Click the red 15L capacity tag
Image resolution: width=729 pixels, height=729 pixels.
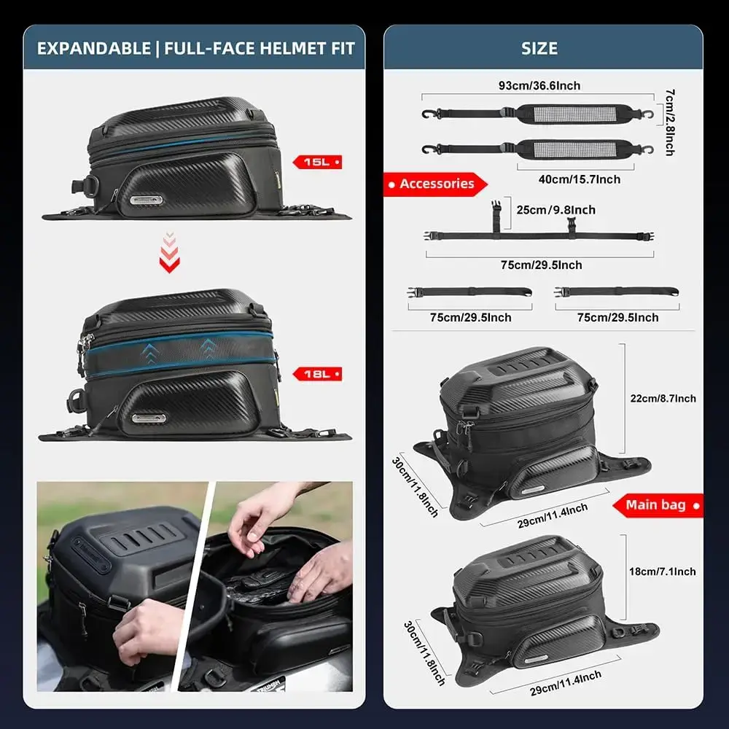point(318,162)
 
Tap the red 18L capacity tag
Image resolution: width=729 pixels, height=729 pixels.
point(318,374)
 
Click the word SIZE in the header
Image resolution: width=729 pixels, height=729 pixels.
point(539,48)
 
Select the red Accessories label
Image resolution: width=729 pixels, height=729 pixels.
point(436,184)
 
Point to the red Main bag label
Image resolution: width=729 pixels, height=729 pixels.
point(658,505)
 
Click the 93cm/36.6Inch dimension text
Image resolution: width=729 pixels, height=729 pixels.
point(539,85)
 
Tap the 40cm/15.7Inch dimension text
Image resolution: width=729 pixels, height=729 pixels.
point(580,179)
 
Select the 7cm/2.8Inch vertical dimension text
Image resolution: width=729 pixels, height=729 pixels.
point(669,122)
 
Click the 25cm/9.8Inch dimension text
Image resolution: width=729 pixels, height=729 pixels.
point(555,210)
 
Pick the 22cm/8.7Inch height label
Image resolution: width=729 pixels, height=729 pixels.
point(663,399)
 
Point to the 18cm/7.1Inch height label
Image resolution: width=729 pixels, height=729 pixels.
point(663,572)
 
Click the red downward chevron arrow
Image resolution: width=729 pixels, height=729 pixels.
point(170,252)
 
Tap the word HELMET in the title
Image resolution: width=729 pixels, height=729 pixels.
point(292,48)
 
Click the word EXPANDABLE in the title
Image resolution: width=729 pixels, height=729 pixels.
point(94,48)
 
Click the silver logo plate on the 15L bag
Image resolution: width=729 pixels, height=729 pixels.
point(146,200)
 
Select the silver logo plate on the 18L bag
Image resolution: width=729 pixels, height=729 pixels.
point(149,418)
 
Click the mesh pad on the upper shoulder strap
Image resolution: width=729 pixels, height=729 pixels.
point(574,114)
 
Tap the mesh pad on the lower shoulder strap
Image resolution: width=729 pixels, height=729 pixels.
point(574,149)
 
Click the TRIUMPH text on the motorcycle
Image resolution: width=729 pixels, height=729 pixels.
point(269,685)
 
